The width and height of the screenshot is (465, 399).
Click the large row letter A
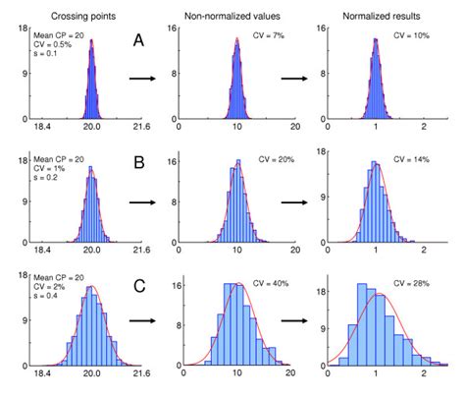(x=141, y=41)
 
